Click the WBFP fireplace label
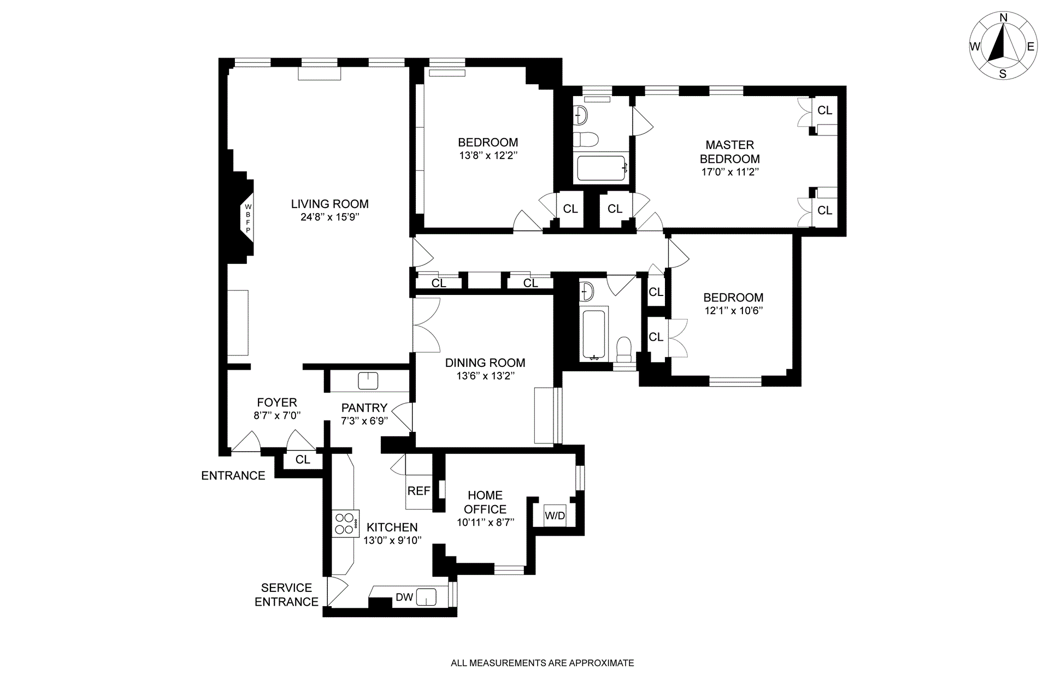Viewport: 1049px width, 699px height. coord(247,218)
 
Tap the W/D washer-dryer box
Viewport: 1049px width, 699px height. coord(555,516)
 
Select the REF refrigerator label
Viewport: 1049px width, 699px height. coord(419,491)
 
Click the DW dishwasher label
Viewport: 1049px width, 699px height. coord(404,597)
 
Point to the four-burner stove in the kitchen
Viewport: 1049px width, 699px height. coord(346,524)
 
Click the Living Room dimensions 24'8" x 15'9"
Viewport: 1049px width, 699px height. coord(329,217)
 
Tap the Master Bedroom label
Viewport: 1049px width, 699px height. coord(730,152)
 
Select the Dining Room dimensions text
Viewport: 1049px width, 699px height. coord(485,376)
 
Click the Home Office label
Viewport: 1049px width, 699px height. coord(485,502)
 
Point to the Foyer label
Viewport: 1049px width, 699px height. coord(277,402)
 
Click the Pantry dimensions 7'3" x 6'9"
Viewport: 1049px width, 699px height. coord(364,421)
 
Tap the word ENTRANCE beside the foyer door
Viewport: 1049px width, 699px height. coord(233,476)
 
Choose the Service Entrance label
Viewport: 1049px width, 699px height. coord(286,595)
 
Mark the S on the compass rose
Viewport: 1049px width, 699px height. coord(1003,74)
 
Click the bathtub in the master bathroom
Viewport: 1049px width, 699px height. coord(602,168)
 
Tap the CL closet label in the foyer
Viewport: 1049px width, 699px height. coord(303,460)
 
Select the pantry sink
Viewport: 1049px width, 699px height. coord(368,381)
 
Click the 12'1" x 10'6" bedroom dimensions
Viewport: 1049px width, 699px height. coord(733,311)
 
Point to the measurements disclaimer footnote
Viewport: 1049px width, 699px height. coord(543,663)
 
